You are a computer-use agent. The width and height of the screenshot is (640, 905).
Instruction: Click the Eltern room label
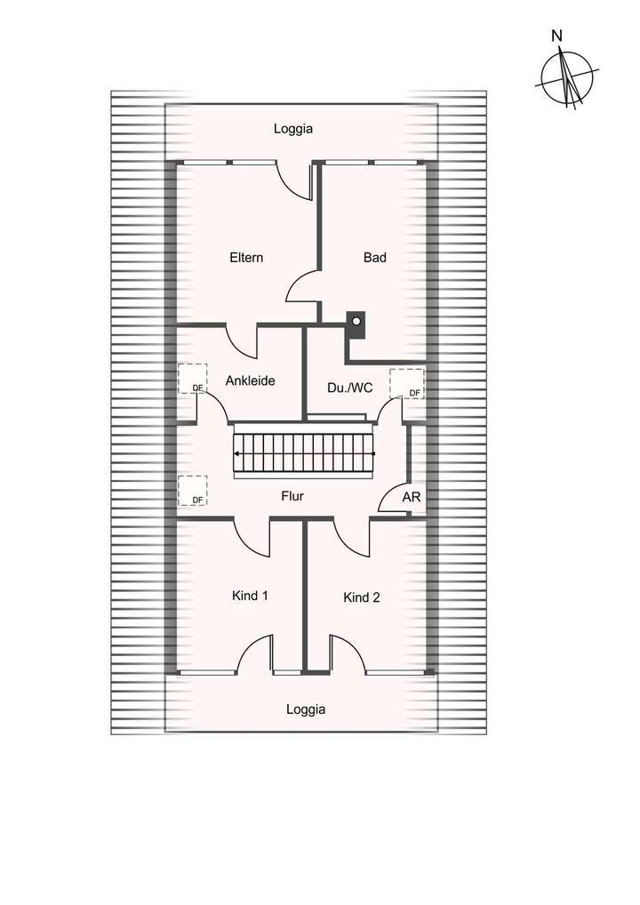[246, 258]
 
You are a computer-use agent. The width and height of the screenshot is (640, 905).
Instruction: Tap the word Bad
[374, 258]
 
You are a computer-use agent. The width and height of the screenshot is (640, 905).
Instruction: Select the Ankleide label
[250, 380]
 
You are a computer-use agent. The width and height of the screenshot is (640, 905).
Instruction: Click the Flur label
[292, 496]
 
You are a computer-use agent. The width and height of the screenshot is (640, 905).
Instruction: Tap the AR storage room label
[412, 498]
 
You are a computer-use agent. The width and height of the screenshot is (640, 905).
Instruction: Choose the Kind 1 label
[250, 596]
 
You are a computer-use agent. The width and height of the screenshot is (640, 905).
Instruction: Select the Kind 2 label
[362, 597]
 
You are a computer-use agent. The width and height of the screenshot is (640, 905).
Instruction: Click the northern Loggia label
[292, 129]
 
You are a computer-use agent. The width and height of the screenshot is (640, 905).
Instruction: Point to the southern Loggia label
[306, 709]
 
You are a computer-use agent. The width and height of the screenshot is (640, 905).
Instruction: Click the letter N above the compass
[556, 36]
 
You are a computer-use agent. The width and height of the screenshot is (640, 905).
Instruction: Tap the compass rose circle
[566, 78]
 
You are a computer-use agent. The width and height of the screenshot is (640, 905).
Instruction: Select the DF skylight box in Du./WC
[407, 383]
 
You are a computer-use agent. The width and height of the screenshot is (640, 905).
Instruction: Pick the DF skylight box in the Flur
[192, 491]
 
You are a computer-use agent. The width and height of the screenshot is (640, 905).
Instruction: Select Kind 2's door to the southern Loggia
[347, 651]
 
